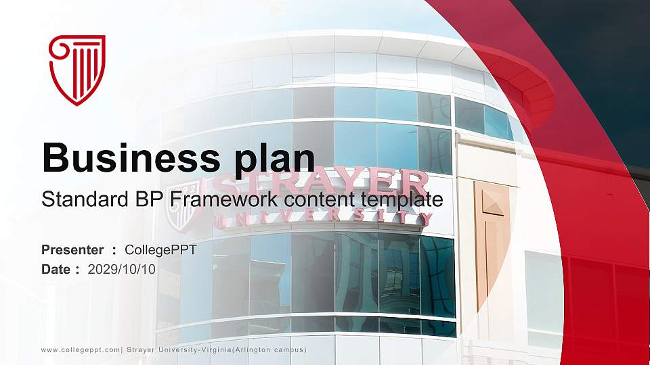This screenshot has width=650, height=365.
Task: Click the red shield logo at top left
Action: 77,70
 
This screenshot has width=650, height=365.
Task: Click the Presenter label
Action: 72,250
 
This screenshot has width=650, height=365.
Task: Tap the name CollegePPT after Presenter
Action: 160,250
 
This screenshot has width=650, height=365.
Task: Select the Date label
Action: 56,269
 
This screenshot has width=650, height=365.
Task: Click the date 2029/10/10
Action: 122,269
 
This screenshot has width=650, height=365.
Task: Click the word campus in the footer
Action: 290,349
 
